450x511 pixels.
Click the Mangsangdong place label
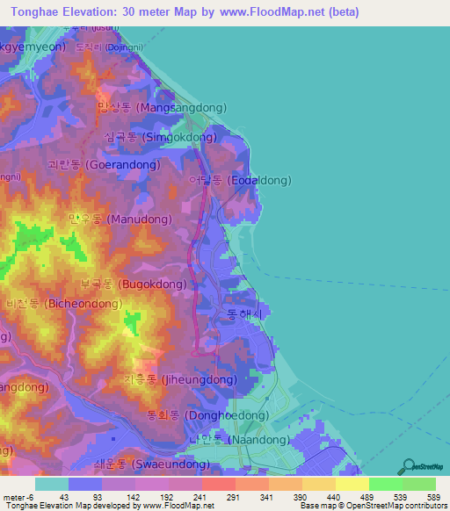coord(162,107)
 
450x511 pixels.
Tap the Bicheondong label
coord(61,303)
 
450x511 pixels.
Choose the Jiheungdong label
coord(180,380)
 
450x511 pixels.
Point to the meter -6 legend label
coord(17,497)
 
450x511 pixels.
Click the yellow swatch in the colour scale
coord(352,484)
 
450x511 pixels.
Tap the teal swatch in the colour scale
coord(52,484)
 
